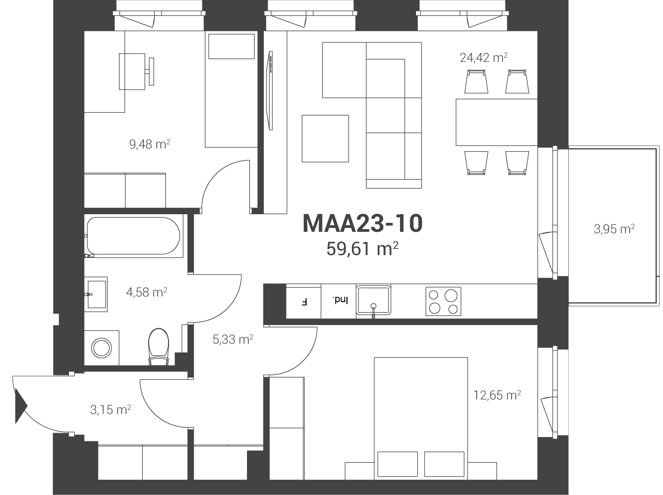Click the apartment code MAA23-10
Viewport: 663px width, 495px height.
click(x=362, y=224)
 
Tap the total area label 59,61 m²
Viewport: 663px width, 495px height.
click(x=362, y=249)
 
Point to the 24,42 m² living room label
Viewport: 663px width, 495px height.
click(x=483, y=58)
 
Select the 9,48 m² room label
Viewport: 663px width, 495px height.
click(x=150, y=145)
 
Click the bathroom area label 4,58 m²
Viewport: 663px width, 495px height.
click(x=147, y=292)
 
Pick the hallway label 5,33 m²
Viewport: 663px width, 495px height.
click(x=233, y=339)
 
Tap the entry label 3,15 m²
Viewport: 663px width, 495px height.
click(x=110, y=410)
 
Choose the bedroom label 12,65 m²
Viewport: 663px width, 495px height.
click(x=497, y=395)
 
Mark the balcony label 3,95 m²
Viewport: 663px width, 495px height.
click(x=614, y=229)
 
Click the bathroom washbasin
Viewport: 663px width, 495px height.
click(x=96, y=294)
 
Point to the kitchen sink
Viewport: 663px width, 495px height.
click(x=373, y=300)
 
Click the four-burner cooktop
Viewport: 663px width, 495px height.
click(x=443, y=301)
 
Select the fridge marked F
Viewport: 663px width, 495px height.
click(x=304, y=302)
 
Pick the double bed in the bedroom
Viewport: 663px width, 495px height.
click(x=421, y=418)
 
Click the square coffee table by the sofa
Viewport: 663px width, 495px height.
click(x=325, y=138)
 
